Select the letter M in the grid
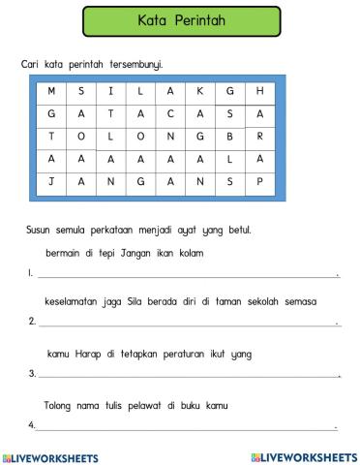tap(50, 91)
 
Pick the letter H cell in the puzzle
tap(259, 91)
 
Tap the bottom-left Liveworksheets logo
tap(56, 454)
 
